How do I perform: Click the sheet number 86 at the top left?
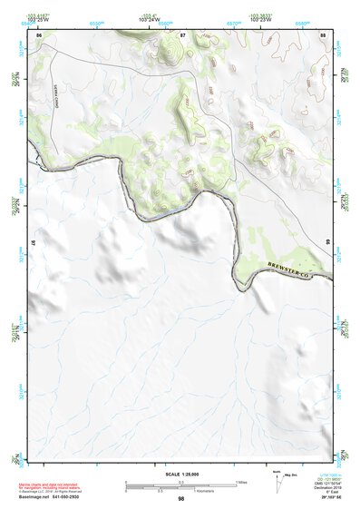[39, 34]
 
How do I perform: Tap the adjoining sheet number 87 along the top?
[181, 34]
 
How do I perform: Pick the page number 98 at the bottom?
[180, 499]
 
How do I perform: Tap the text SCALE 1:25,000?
[180, 474]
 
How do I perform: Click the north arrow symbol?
[276, 483]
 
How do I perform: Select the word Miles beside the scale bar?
[242, 481]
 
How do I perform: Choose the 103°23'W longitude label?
[262, 18]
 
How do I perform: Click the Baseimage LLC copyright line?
[54, 490]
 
